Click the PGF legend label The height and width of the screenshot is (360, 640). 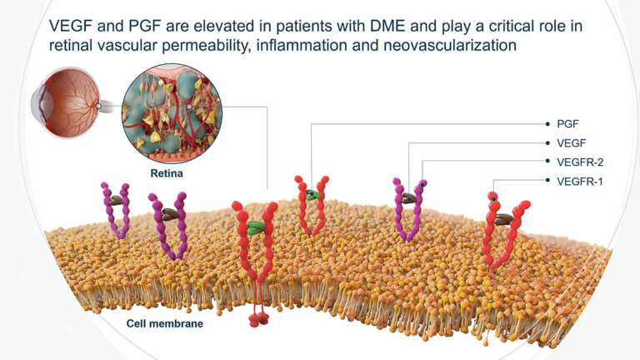[x=567, y=124]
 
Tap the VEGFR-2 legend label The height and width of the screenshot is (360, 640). [x=578, y=161]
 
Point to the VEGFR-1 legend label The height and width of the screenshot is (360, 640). [x=578, y=180]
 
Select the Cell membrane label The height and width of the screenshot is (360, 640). [x=164, y=322]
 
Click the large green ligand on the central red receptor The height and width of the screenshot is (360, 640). [x=257, y=226]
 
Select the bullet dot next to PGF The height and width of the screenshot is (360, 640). [x=547, y=124]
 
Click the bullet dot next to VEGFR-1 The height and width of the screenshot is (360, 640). [x=547, y=180]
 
